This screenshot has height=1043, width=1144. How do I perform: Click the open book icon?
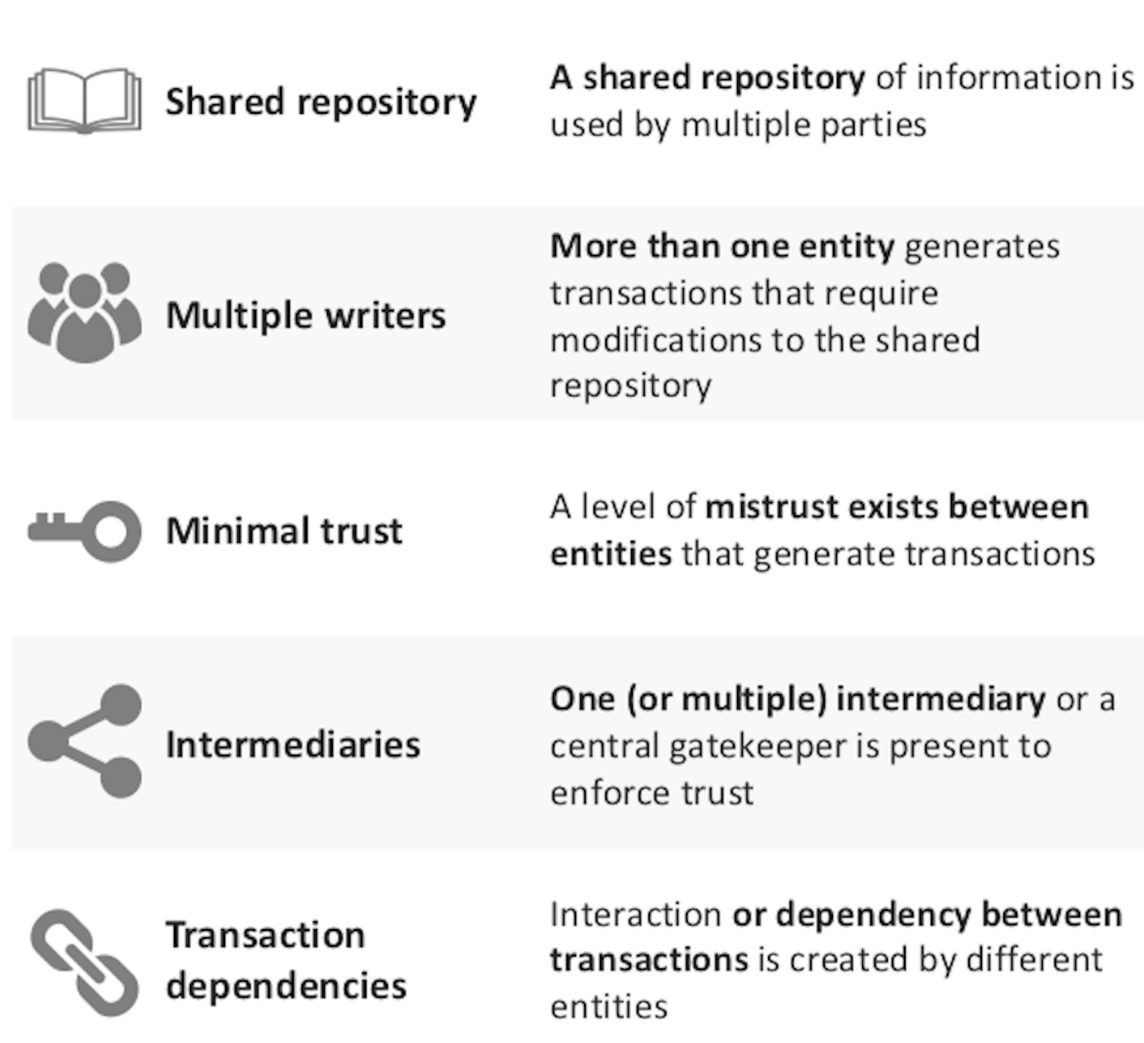85,101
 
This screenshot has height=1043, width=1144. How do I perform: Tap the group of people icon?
85,312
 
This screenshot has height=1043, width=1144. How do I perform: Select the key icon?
85,531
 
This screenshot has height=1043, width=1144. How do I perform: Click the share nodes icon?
85,741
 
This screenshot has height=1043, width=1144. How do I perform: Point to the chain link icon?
85,963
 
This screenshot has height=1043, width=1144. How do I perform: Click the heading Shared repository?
321,103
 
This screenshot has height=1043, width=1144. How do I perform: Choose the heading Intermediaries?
293,745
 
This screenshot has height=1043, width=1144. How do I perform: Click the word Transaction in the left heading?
266,935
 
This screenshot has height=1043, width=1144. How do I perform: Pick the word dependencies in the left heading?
287,986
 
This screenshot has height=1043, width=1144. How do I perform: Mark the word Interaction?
636,914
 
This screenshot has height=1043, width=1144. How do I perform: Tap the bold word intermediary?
941,700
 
